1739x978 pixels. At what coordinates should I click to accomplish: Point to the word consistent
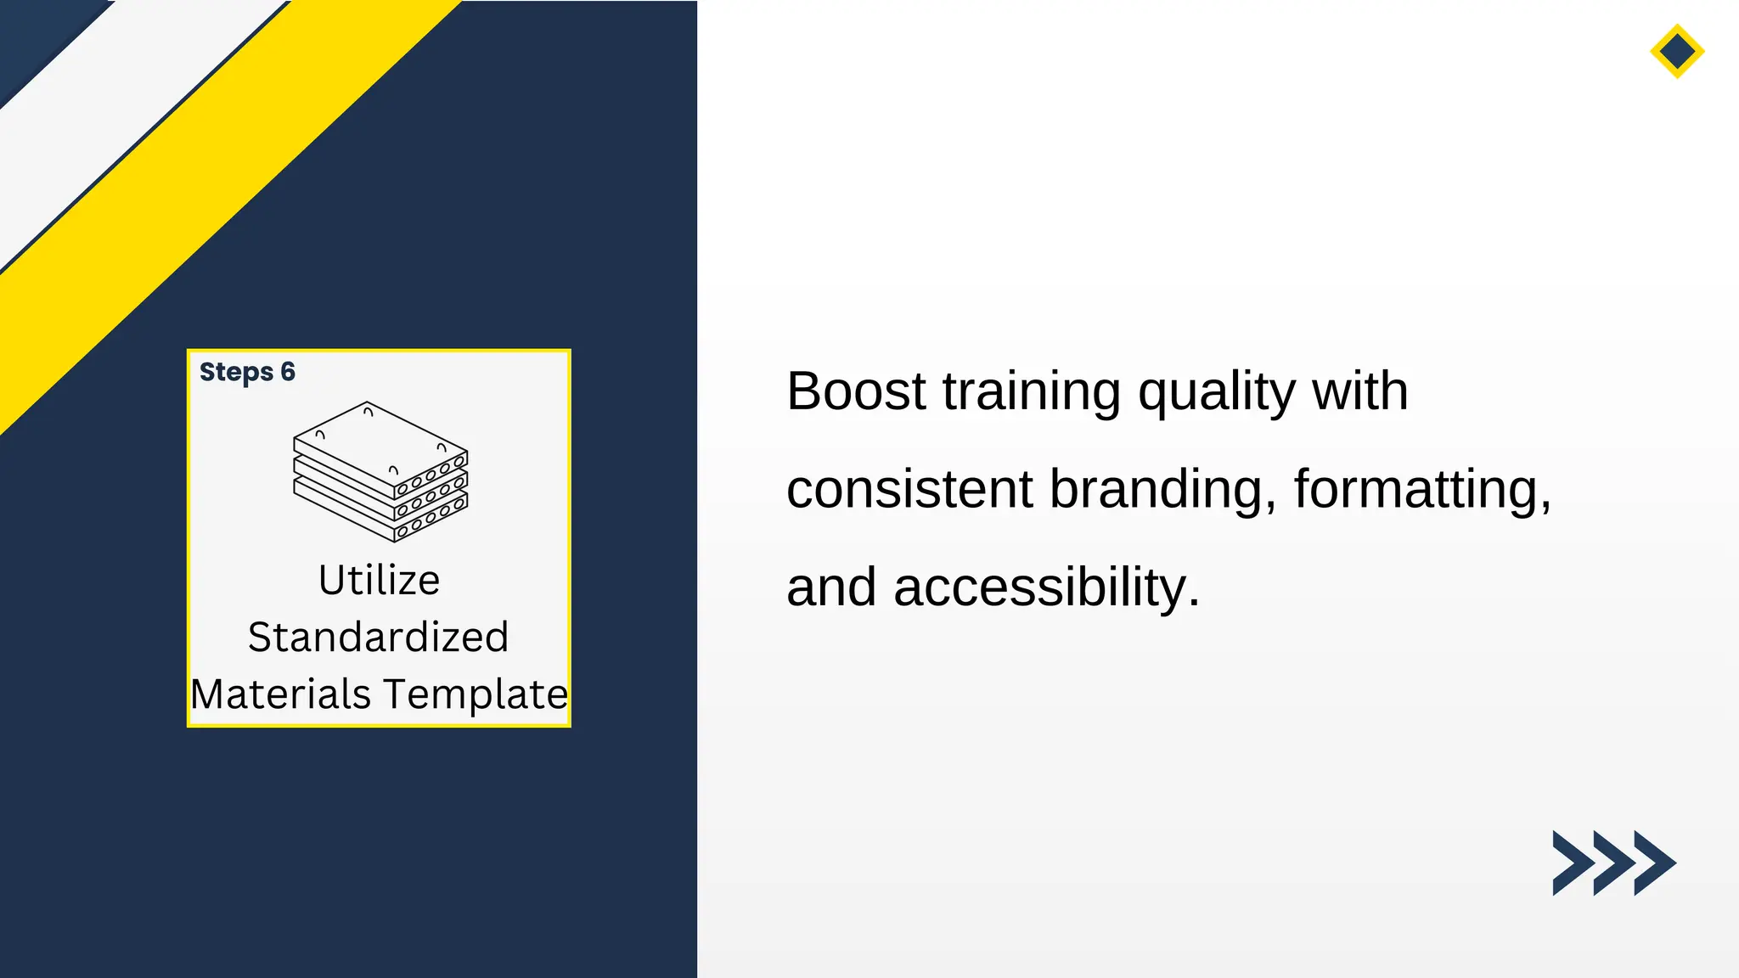(x=909, y=490)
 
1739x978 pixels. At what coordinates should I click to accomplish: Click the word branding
(x=1162, y=490)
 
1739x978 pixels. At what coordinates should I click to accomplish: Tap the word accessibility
(x=1046, y=587)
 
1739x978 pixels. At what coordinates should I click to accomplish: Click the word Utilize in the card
(x=379, y=581)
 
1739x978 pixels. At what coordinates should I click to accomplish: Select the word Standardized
(x=379, y=637)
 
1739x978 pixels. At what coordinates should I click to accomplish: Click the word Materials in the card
(x=281, y=694)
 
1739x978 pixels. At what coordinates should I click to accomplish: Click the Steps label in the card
(x=236, y=372)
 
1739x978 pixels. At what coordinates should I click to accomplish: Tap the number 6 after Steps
(x=288, y=372)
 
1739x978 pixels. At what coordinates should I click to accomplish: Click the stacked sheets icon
(x=380, y=472)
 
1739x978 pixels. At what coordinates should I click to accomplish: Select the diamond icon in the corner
(x=1677, y=52)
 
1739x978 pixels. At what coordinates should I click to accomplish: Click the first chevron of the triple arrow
(x=1572, y=863)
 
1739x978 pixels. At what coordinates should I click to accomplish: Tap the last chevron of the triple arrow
(x=1655, y=863)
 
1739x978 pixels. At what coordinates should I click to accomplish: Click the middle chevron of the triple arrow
(x=1613, y=863)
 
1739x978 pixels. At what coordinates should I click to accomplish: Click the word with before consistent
(x=1359, y=391)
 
